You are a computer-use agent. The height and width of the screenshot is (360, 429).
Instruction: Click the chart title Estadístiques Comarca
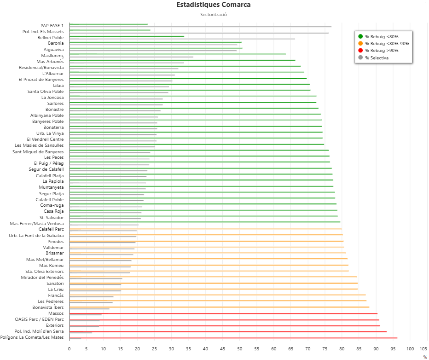[214, 5]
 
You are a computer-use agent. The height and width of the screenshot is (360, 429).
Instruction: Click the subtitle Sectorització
[214, 15]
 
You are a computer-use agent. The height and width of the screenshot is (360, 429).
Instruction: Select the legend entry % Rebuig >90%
[382, 51]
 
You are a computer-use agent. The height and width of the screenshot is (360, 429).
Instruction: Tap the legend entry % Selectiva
[377, 58]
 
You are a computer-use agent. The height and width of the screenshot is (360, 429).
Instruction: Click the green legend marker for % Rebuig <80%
[360, 36]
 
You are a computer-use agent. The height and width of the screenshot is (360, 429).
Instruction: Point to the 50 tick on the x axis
[239, 348]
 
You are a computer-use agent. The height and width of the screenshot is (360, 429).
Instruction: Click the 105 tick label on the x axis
[424, 348]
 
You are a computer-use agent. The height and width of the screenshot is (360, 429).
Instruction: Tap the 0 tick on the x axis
[69, 348]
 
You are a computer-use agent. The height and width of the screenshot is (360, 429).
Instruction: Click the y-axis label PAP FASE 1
[52, 25]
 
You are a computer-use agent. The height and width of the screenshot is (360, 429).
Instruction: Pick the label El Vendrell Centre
[45, 139]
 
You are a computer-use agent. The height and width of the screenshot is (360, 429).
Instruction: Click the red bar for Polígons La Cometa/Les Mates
[230, 338]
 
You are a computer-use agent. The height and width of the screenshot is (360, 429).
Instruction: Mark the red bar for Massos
[221, 314]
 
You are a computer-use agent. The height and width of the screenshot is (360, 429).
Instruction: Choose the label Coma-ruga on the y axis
[52, 205]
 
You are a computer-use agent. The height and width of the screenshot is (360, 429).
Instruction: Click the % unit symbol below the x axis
[425, 357]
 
